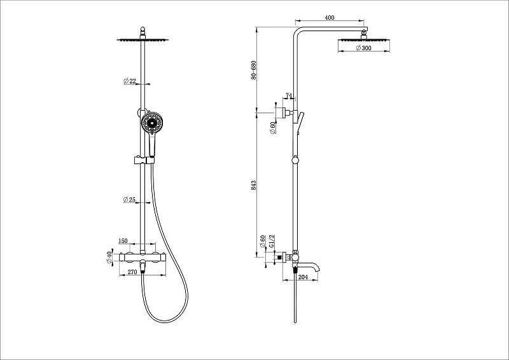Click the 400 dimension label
tap(329, 18)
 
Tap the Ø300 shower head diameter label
tap(363, 48)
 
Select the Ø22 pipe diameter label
tap(130, 81)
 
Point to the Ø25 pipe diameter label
tap(129, 200)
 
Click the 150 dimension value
tap(123, 241)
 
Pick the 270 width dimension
tap(132, 272)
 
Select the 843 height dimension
tap(254, 185)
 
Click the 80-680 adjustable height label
tap(253, 70)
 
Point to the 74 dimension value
tap(289, 95)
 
